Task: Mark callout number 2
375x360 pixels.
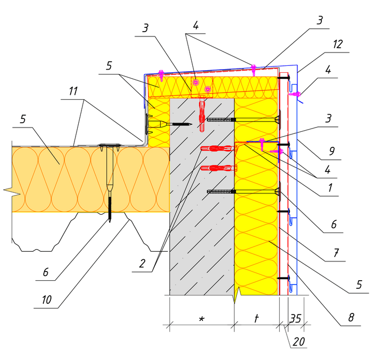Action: [x=141, y=263]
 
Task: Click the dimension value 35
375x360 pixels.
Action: [x=295, y=318]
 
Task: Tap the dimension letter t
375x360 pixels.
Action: [x=257, y=318]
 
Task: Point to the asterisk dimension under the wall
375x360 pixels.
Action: [x=201, y=319]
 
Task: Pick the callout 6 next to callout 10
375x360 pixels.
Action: [x=46, y=272]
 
